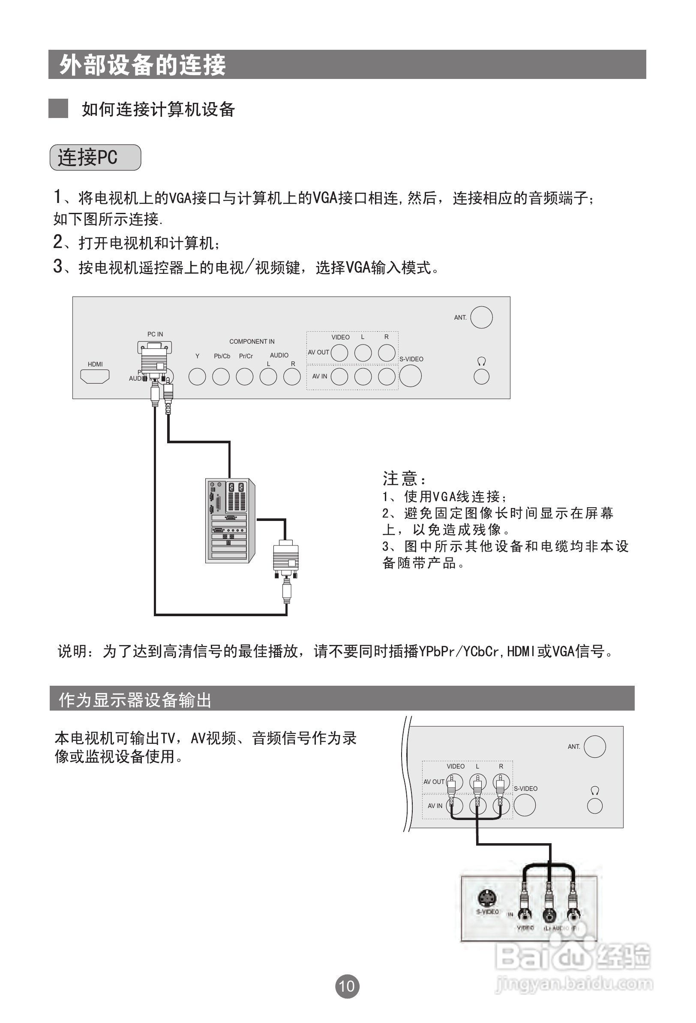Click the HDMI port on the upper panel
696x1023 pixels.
(95, 376)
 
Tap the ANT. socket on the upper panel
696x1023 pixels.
(481, 318)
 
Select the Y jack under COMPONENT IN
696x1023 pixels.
(197, 376)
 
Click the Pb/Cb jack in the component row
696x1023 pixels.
(221, 376)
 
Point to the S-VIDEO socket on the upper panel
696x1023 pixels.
(410, 376)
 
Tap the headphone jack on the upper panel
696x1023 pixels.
(481, 377)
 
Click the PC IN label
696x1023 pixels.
(155, 334)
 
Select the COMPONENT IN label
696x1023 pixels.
(252, 342)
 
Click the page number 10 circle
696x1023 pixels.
(347, 987)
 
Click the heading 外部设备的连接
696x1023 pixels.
(142, 65)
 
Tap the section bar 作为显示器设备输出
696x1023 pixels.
(135, 699)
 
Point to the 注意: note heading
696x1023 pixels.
(404, 478)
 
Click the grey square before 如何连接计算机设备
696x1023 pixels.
(58, 108)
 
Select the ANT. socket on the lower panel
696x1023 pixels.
(594, 747)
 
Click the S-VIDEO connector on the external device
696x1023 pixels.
(487, 899)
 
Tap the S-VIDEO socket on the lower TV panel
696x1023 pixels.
(525, 805)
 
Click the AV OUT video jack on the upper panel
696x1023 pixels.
(339, 353)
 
